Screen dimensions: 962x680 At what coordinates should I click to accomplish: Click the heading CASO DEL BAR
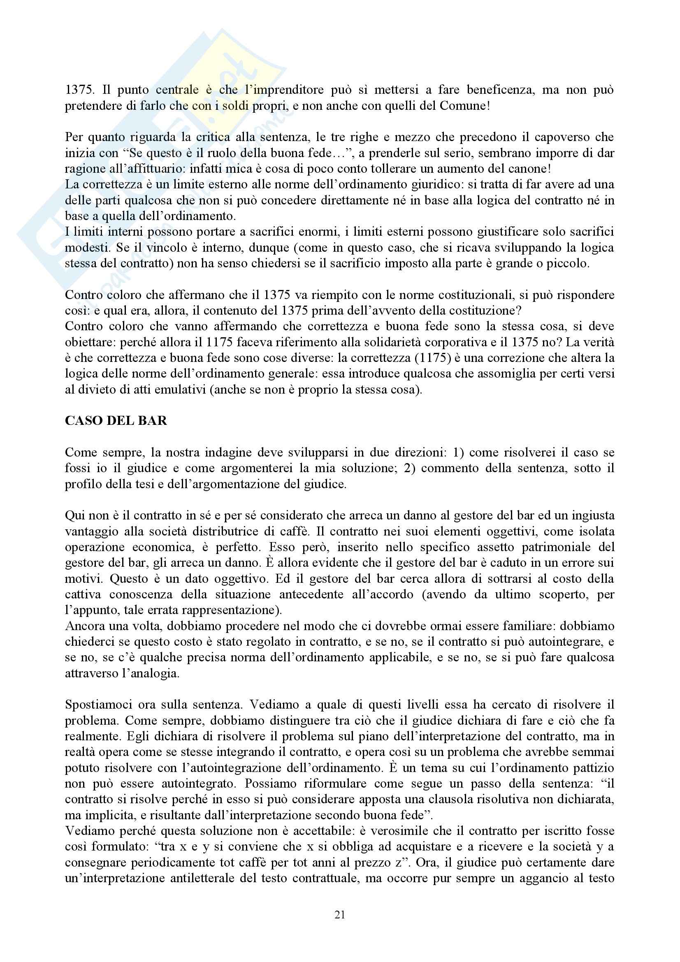(x=116, y=420)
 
